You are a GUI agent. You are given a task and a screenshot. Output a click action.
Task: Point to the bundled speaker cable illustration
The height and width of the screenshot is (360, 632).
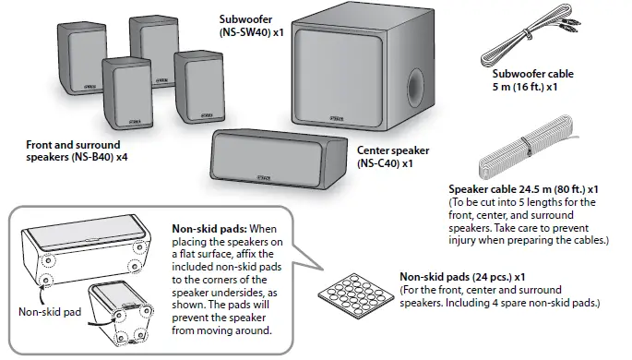click(531, 147)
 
